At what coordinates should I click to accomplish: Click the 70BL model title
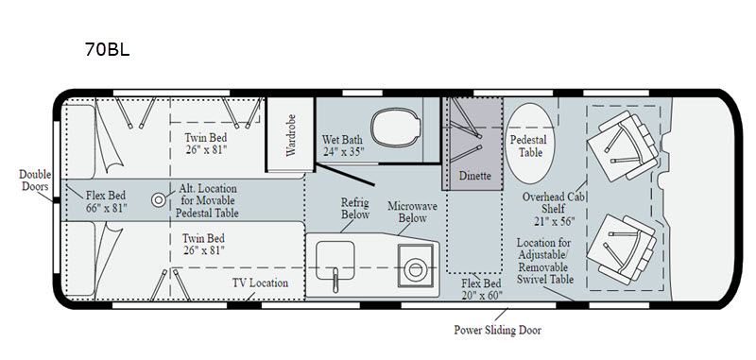[107, 49]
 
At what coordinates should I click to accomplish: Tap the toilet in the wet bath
[394, 127]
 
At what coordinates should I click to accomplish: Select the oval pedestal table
[530, 143]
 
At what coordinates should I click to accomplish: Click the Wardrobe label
[290, 135]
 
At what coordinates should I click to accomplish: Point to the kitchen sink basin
[335, 260]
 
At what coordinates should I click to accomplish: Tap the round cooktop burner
[415, 269]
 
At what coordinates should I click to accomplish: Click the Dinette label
[474, 176]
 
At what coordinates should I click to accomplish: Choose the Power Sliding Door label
[497, 330]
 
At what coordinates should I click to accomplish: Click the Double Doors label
[35, 180]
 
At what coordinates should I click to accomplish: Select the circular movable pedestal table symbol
[158, 199]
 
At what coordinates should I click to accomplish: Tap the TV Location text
[260, 283]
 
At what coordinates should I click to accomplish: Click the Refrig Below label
[355, 208]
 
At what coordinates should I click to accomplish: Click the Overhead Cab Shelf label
[549, 209]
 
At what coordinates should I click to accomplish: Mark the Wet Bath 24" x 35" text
[343, 146]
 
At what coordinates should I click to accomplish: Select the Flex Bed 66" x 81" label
[106, 201]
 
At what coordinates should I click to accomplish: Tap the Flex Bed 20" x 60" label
[481, 289]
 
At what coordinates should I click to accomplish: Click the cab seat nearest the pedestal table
[622, 146]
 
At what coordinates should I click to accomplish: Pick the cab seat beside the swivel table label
[622, 249]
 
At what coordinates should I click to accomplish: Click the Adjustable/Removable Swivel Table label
[545, 261]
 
